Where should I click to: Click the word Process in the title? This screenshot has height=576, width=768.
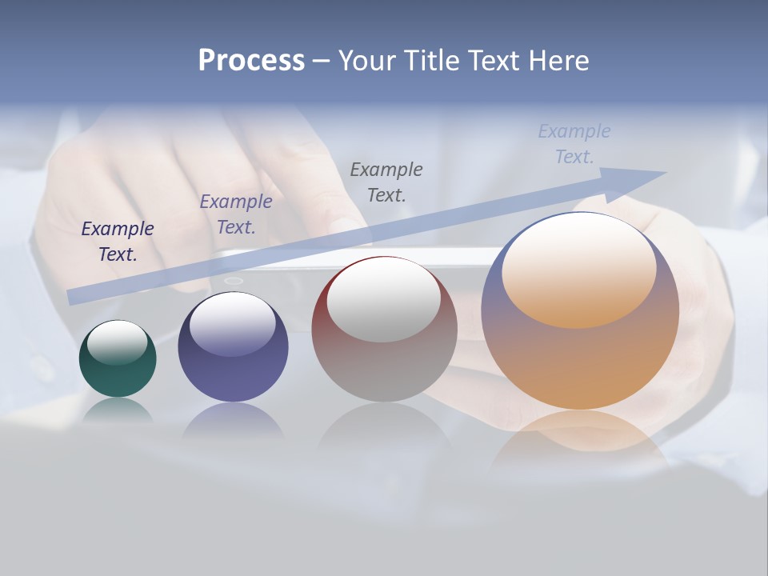click(x=251, y=61)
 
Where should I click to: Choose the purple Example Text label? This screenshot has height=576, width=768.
click(x=236, y=214)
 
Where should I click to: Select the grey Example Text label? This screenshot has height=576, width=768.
click(x=386, y=182)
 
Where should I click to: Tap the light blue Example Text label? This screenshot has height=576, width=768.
click(x=574, y=144)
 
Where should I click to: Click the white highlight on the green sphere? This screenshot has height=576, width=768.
click(x=118, y=342)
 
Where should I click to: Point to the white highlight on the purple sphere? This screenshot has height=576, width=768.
click(x=233, y=324)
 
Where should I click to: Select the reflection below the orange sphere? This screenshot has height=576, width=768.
click(x=580, y=436)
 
